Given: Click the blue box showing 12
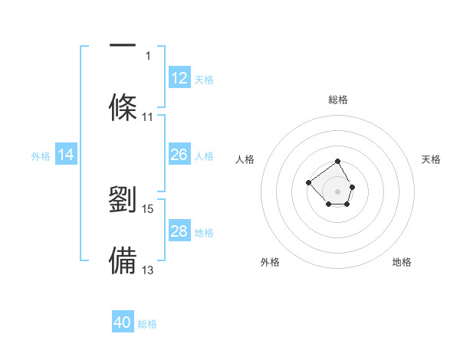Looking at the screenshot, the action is click(x=179, y=77).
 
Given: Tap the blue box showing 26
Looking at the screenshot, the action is click(x=179, y=154).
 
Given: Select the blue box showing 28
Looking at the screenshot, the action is click(x=179, y=230).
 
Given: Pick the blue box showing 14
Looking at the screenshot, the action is click(x=66, y=154).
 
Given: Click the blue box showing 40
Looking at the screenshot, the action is click(x=123, y=321).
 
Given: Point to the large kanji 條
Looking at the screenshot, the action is click(x=123, y=107).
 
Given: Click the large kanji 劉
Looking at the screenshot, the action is click(x=123, y=199).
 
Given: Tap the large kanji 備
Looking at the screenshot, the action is click(x=123, y=260).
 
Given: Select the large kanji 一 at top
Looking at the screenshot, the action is click(x=123, y=45).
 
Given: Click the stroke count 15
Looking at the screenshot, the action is click(x=147, y=209).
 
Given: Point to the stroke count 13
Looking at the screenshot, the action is click(x=147, y=270).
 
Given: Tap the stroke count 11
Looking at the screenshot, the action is click(x=147, y=117).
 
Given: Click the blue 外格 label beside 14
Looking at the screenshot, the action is click(x=41, y=156).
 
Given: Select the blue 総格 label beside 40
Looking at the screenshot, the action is click(x=147, y=324).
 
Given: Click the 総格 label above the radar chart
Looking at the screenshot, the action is click(x=338, y=100).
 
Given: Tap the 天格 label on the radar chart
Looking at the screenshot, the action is click(x=431, y=159).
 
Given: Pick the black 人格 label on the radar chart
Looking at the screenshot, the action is click(x=245, y=159).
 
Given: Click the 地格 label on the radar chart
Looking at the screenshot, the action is click(x=402, y=262).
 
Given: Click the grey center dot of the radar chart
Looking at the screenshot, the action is click(x=337, y=191).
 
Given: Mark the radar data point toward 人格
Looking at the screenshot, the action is click(x=309, y=182).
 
